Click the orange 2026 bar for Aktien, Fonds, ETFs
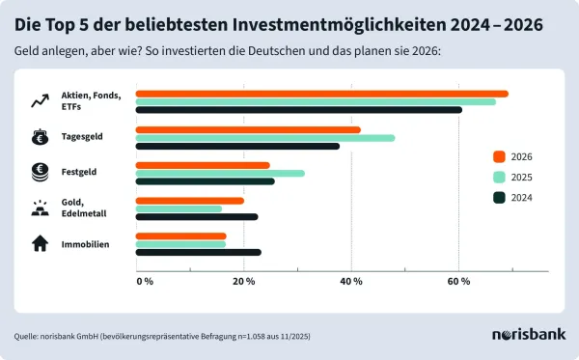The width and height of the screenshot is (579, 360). click(x=321, y=94)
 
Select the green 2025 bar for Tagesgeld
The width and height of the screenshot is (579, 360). click(x=264, y=137)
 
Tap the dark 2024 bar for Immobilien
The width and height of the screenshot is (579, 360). click(x=198, y=253)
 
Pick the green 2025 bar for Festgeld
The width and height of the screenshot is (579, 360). click(x=220, y=173)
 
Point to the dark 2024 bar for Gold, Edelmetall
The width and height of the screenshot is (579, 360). click(x=197, y=217)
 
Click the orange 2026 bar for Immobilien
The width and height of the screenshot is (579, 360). click(x=181, y=235)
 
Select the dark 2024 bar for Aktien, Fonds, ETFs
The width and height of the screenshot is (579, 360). click(x=298, y=110)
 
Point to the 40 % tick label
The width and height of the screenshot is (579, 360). click(x=351, y=281)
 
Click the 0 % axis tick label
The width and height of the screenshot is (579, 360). click(x=144, y=281)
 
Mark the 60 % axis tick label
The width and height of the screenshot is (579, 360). click(x=458, y=281)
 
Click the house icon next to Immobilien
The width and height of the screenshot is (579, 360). click(x=41, y=244)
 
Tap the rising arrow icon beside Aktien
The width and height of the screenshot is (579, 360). click(x=41, y=100)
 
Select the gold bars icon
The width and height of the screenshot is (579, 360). click(x=41, y=208)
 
